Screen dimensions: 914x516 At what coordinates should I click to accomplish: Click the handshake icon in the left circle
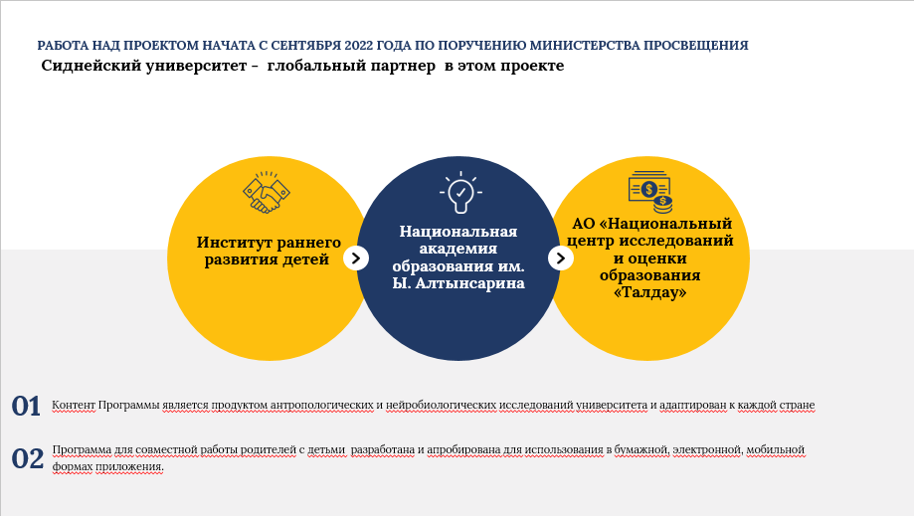coord(267,192)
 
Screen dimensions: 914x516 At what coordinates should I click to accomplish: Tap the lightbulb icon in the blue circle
coord(460,192)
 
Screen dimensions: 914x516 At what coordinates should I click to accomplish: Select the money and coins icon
coord(650,192)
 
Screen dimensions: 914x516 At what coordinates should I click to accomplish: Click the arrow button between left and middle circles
coord(356,258)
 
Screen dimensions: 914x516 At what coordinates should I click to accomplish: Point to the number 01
coord(26,406)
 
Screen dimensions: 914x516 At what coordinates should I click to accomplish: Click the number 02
coord(28,458)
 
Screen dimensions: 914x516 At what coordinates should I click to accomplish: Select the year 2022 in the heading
coord(358,46)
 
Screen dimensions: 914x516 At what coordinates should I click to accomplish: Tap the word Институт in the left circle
coord(232,243)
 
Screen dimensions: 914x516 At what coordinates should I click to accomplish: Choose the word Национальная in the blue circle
coord(458,232)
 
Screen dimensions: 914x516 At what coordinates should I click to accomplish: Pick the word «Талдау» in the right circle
coord(649,292)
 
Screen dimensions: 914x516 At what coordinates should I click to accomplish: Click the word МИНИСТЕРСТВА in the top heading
coord(585,46)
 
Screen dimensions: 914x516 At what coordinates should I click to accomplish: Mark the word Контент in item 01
coord(74,405)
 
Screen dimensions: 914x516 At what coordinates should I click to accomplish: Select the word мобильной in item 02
coord(776,449)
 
